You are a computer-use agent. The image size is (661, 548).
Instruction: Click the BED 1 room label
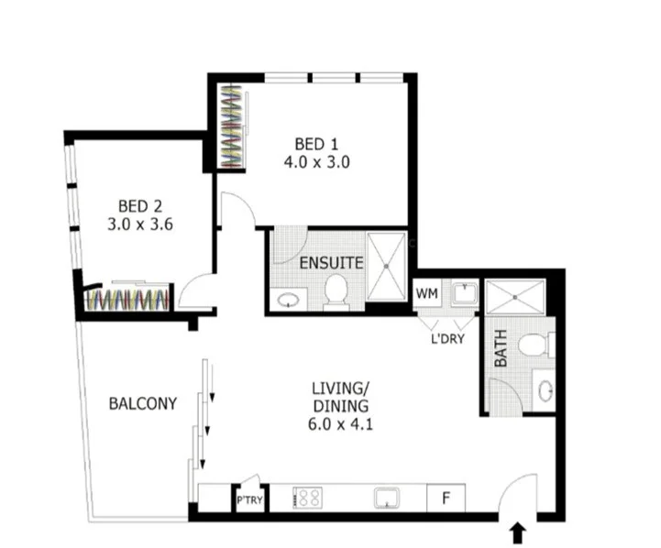[316, 145]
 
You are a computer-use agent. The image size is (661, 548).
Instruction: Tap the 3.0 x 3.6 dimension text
[140, 225]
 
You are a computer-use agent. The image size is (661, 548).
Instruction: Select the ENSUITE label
[331, 263]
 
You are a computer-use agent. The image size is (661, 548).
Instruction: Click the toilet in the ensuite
[336, 291]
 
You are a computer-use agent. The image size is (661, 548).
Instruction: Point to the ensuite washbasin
[289, 300]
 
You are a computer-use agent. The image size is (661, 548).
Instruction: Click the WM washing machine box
[426, 293]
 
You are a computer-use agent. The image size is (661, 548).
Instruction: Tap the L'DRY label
[447, 339]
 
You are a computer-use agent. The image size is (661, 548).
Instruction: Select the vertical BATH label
[501, 348]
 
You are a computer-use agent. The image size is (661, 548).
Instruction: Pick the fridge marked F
[446, 499]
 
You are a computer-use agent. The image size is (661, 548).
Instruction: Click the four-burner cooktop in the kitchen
[308, 498]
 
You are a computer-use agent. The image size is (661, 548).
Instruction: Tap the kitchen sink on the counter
[387, 498]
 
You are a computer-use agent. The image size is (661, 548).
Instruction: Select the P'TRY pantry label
[249, 500]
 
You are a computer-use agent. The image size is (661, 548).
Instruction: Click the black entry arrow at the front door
[518, 533]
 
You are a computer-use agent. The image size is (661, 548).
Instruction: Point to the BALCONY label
[143, 403]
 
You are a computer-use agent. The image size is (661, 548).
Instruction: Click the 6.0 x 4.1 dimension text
[341, 423]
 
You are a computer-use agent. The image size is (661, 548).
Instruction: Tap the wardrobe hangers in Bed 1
[232, 126]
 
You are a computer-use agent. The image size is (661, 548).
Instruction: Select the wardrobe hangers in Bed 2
[127, 300]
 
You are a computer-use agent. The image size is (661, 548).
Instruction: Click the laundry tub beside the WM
[465, 293]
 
